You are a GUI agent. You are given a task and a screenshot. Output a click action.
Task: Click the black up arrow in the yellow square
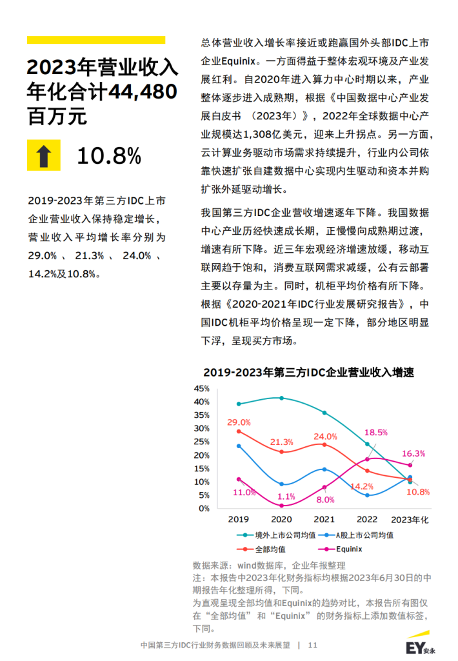coord(43,155)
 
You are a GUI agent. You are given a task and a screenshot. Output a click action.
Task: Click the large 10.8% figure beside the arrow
coord(108,155)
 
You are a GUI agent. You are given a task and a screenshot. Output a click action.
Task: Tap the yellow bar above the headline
coord(95,40)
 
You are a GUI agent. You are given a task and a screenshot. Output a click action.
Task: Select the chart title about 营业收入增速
coord(308,372)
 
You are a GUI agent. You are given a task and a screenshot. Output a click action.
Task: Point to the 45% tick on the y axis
coord(201,388)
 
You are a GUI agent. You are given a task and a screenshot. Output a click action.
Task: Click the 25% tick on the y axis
coord(201,442)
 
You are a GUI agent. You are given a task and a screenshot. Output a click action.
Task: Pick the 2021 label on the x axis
coord(324,519)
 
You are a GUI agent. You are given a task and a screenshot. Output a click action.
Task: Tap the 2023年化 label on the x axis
coord(410,519)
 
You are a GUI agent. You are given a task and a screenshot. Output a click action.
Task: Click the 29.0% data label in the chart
coord(239,422)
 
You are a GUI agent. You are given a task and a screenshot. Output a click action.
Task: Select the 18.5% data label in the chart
coord(376,432)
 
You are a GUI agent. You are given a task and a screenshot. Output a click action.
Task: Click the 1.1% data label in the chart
coord(286,497)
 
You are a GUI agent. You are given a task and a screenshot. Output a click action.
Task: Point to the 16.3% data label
coord(413,453)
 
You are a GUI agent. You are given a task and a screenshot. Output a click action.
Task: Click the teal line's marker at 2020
coord(281,398)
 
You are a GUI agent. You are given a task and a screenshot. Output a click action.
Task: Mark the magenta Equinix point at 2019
coord(239,479)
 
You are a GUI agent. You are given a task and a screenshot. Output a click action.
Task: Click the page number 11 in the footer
coord(313,645)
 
